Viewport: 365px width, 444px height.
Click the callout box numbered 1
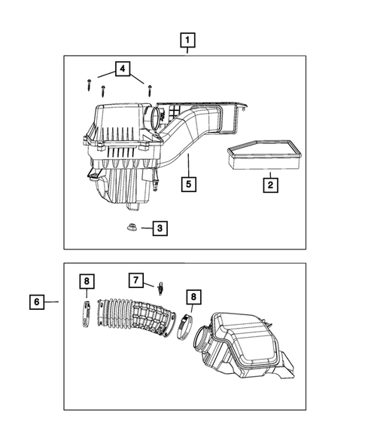pyautogui.click(x=187, y=39)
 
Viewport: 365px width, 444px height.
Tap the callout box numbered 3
pyautogui.click(x=159, y=228)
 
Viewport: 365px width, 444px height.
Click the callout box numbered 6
pyautogui.click(x=36, y=302)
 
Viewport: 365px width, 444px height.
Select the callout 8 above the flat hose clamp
pyautogui.click(x=87, y=281)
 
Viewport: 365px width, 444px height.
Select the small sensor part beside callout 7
pyautogui.click(x=160, y=287)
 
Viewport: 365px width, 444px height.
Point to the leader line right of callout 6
pyautogui.click(x=51, y=302)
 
